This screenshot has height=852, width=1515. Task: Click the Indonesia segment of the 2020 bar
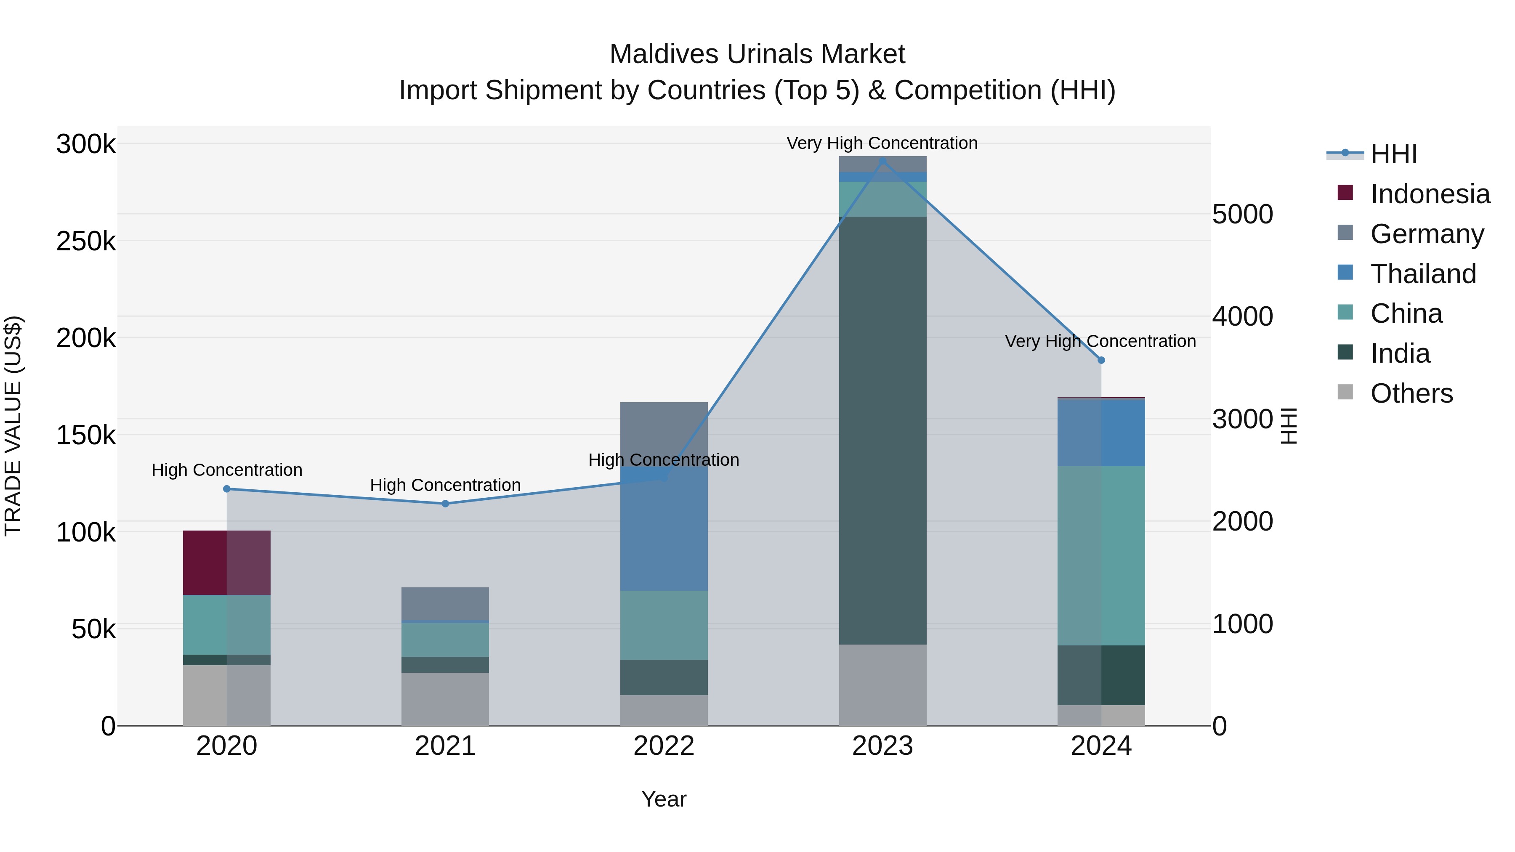(x=226, y=562)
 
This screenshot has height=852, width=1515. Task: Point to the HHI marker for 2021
(x=445, y=503)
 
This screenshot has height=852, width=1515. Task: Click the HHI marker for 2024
(x=1101, y=360)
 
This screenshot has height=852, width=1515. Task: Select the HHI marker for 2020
(x=226, y=488)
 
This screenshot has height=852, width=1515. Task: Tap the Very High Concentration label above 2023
(x=882, y=143)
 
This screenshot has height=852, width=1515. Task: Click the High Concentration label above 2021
(x=445, y=485)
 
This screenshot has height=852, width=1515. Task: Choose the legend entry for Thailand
(x=1423, y=274)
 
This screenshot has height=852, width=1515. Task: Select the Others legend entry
(x=1411, y=393)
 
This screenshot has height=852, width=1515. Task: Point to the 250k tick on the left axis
(x=86, y=241)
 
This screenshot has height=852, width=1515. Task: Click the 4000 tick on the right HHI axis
(x=1242, y=316)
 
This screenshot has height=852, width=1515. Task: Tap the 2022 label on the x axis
(x=663, y=746)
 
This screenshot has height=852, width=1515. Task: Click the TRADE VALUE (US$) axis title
(x=13, y=426)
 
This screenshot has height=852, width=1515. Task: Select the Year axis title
(x=663, y=799)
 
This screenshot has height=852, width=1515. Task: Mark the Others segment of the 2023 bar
(x=882, y=685)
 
